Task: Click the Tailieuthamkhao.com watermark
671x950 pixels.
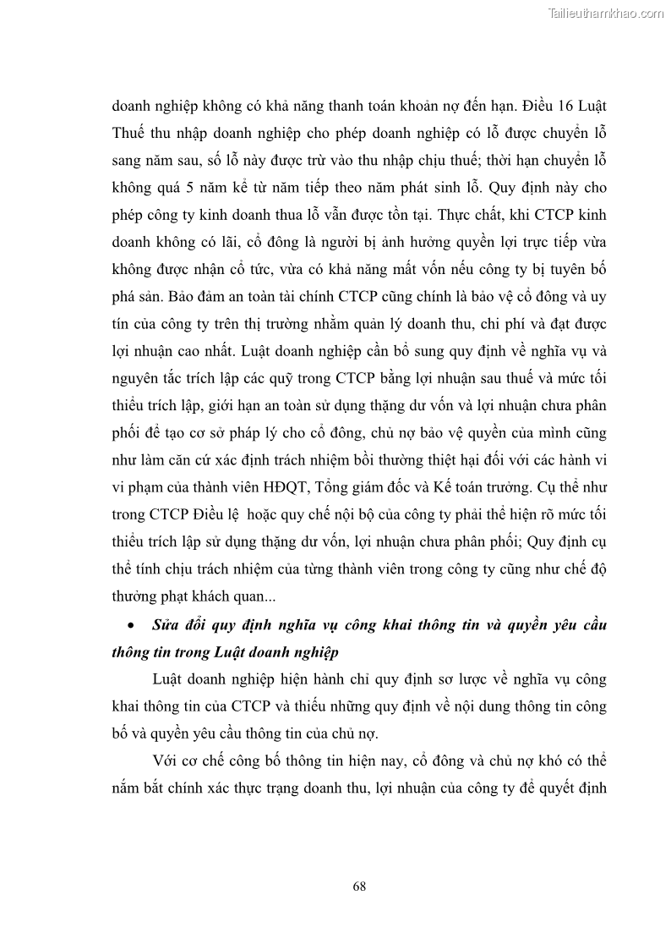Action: (x=607, y=13)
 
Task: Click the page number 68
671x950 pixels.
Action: (x=358, y=887)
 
